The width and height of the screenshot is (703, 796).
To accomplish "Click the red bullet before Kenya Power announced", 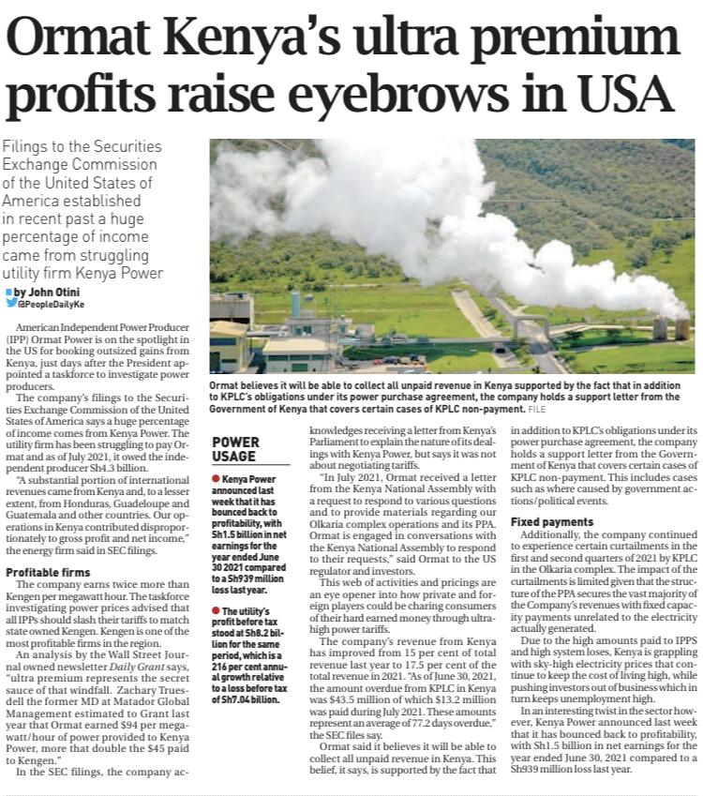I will coord(217,479).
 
